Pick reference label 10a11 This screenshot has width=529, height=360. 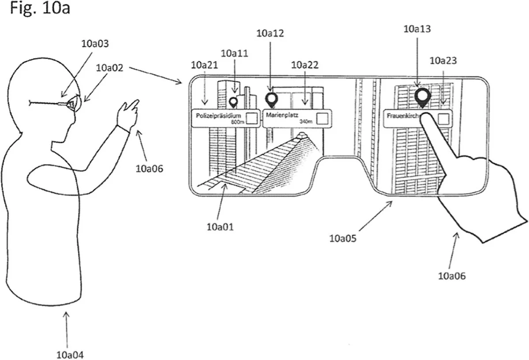pos(234,53)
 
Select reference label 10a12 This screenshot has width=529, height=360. pos(270,33)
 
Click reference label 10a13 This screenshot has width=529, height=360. pos(417,29)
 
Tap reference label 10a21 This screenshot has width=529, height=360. pos(204,65)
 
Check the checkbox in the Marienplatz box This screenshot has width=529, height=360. pos(322,118)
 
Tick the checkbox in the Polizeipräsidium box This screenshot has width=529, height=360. pos(252,118)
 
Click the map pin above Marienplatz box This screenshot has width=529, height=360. pos(271,99)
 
